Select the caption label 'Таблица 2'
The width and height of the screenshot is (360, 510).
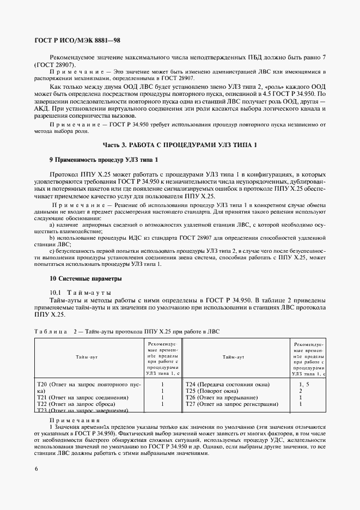[x=53, y=331]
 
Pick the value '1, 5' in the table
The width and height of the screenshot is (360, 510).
[x=303, y=384]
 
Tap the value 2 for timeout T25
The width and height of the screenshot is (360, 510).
[x=301, y=391]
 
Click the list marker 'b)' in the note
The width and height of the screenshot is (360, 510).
[x=52, y=239]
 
